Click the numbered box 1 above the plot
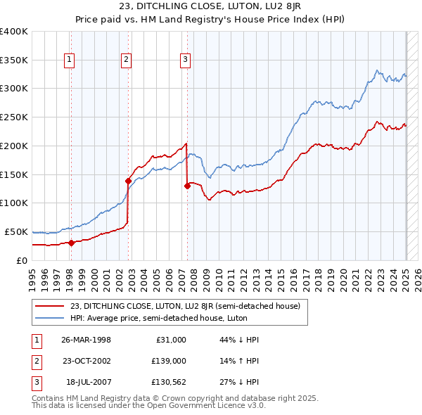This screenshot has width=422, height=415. (x=70, y=60)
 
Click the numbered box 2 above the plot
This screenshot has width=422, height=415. (x=126, y=60)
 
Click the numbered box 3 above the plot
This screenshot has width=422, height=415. (x=185, y=60)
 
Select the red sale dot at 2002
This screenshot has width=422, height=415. (x=129, y=181)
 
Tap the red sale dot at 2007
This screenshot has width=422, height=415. (x=187, y=186)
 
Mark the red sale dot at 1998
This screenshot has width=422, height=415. (x=72, y=243)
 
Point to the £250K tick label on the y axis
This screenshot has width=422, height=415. (x=14, y=117)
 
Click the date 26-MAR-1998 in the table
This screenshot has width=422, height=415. (x=87, y=340)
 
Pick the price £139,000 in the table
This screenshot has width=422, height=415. (x=169, y=361)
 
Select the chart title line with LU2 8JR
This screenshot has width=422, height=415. (x=210, y=8)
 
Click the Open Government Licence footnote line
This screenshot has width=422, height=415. (x=149, y=406)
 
